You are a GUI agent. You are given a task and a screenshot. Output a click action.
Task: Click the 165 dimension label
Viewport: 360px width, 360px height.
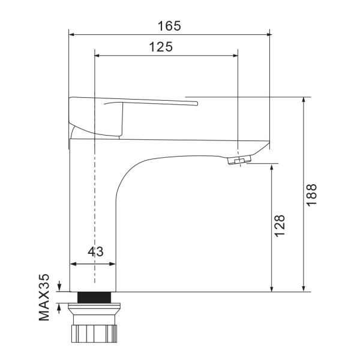(x=169, y=26)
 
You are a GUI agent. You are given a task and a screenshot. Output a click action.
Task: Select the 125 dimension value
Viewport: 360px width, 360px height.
(x=161, y=47)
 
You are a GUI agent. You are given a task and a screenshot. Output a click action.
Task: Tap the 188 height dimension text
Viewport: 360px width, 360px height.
(x=312, y=195)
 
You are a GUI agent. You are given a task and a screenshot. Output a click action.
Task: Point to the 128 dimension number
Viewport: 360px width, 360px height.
(x=280, y=226)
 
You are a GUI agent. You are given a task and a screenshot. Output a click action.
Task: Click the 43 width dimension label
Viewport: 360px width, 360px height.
(x=95, y=251)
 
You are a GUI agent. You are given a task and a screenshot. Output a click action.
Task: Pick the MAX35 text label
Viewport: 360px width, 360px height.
(x=44, y=297)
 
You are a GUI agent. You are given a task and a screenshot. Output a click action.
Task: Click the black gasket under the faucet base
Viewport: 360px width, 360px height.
(x=94, y=298)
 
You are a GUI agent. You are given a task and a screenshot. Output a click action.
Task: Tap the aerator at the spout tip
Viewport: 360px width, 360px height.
(x=239, y=160)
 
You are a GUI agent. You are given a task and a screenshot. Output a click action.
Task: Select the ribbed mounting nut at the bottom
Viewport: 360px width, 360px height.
(x=94, y=334)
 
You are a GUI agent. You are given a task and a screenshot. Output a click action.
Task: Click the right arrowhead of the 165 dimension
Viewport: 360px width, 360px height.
(x=269, y=34)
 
